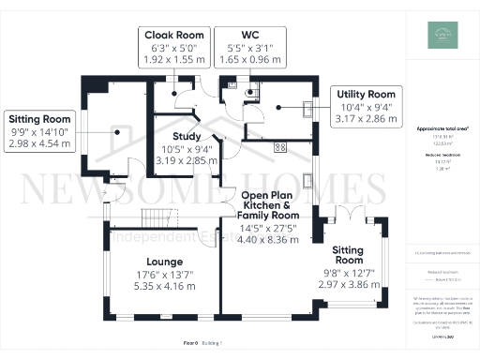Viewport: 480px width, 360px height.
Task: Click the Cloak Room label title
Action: point(173,35)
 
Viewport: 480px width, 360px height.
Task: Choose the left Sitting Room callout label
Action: point(40,120)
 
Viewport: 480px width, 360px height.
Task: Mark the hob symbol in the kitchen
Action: point(279,147)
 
